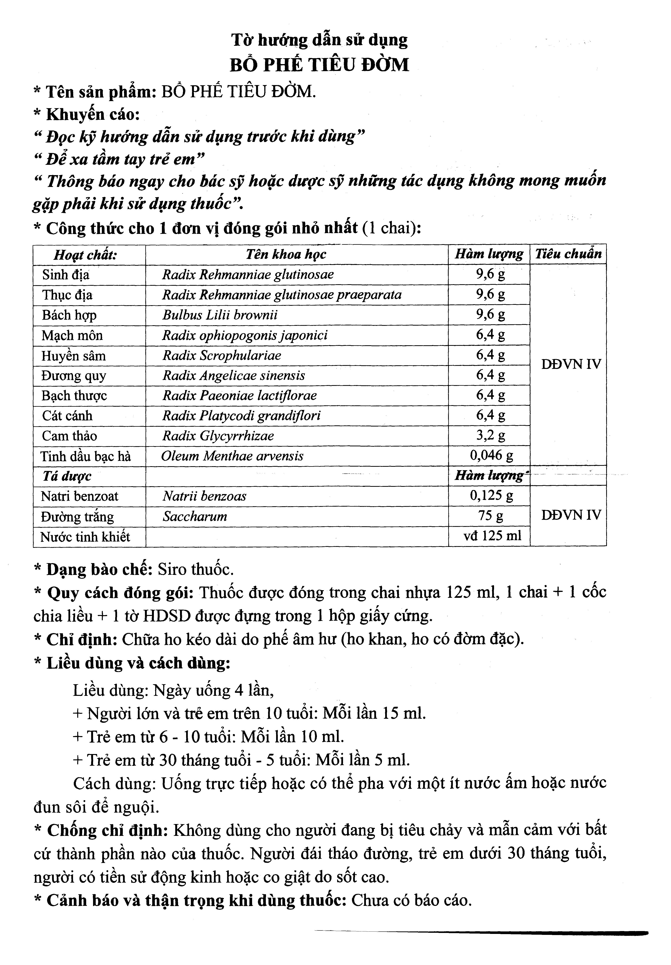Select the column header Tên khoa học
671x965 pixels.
pyautogui.click(x=286, y=254)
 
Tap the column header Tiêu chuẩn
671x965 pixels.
pyautogui.click(x=568, y=254)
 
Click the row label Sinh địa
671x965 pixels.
pyautogui.click(x=66, y=275)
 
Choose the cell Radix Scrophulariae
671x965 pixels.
pyautogui.click(x=222, y=356)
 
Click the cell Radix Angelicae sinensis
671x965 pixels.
pyautogui.click(x=234, y=375)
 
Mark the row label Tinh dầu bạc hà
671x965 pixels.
pyautogui.click(x=86, y=456)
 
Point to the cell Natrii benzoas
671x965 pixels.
pyautogui.click(x=204, y=496)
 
